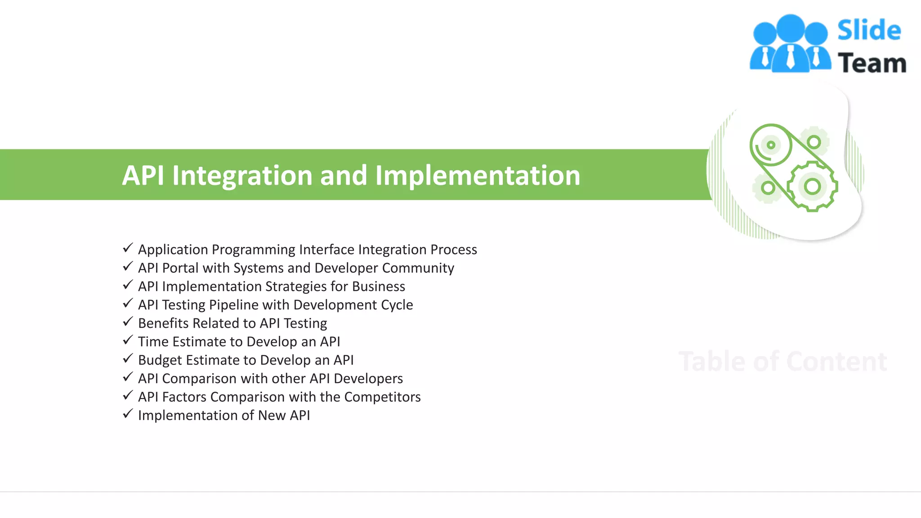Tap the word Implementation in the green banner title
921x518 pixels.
pyautogui.click(x=478, y=175)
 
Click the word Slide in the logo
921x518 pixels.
pyautogui.click(x=869, y=31)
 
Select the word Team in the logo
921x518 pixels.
pyautogui.click(x=872, y=63)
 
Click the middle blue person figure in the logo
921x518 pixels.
pyautogui.click(x=790, y=43)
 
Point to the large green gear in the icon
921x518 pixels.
pyautogui.click(x=812, y=186)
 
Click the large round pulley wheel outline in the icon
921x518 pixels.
pyautogui.click(x=771, y=145)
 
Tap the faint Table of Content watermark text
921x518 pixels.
pyautogui.click(x=782, y=362)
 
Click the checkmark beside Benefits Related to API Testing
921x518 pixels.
pyautogui.click(x=128, y=322)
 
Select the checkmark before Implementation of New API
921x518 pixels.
pyautogui.click(x=128, y=414)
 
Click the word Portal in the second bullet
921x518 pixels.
pyautogui.click(x=180, y=268)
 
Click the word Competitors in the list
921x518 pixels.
pyautogui.click(x=382, y=397)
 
